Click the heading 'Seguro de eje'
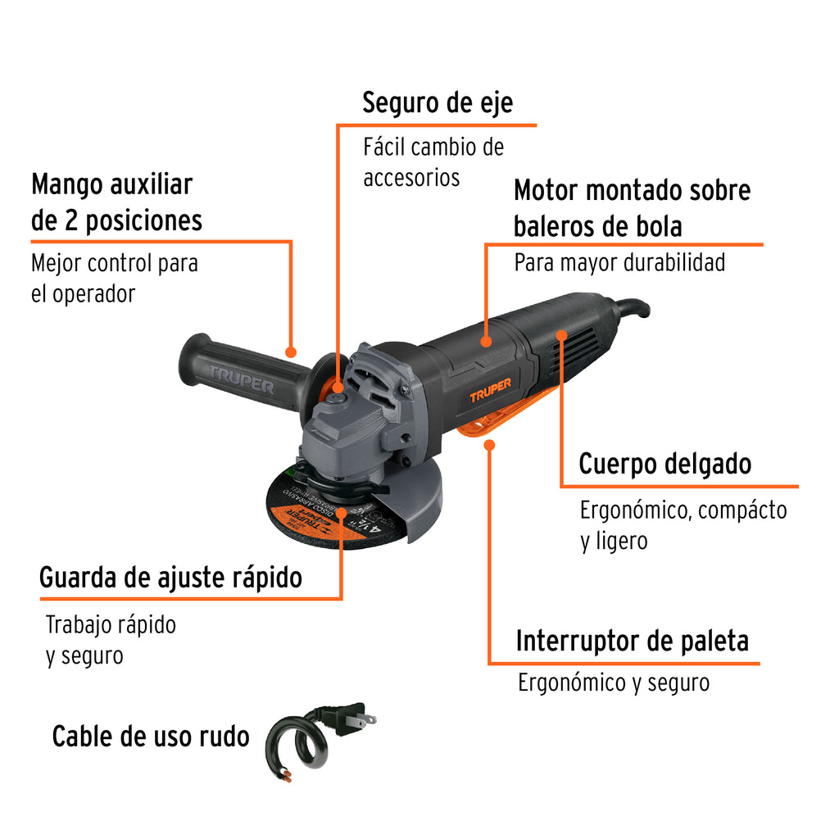click(438, 102)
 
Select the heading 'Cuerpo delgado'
click(665, 464)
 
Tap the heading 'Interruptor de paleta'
click(633, 641)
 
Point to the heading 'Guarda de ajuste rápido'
click(170, 578)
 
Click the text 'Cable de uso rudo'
click(151, 737)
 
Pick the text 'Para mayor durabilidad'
click(619, 263)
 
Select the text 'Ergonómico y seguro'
click(614, 683)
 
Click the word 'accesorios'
click(411, 178)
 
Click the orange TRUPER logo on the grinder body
click(490, 390)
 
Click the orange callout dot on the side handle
click(291, 352)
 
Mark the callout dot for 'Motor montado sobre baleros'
click(486, 342)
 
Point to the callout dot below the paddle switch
click(489, 445)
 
